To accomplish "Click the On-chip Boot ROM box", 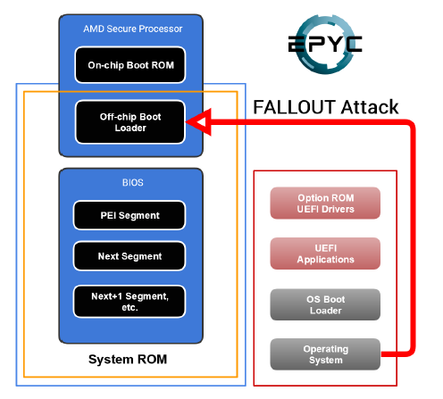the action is click(x=130, y=65).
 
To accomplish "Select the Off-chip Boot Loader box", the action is click(x=130, y=122).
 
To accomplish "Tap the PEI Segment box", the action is click(x=130, y=215).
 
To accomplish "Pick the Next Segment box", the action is click(x=130, y=256).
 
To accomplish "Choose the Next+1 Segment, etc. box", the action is click(x=130, y=302).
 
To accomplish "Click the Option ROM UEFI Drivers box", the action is click(x=325, y=204).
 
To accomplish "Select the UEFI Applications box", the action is click(x=325, y=254).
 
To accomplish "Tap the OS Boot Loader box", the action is click(x=325, y=304).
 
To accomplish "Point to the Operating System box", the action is click(x=325, y=354).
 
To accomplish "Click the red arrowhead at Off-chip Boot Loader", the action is click(x=200, y=122).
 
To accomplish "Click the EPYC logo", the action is click(x=325, y=44).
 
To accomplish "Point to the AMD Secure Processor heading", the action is click(x=132, y=29).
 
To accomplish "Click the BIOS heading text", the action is click(x=133, y=182).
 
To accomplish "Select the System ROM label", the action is click(x=128, y=360).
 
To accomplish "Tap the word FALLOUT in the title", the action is click(x=295, y=107).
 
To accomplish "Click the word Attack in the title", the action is click(x=370, y=107).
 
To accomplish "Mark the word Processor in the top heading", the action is click(x=161, y=29).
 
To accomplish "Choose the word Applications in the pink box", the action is click(x=325, y=260).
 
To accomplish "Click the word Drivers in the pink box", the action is click(x=338, y=209).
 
